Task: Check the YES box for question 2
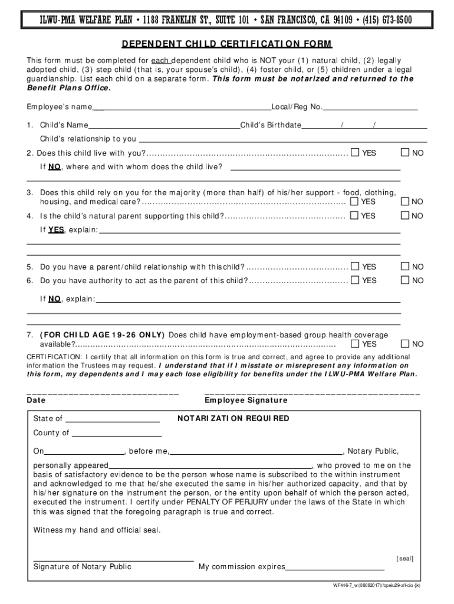click(355, 153)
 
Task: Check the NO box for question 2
click(405, 153)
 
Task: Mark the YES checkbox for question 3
click(355, 201)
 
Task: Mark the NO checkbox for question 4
click(405, 216)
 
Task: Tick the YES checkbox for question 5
click(355, 267)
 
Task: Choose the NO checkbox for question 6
click(405, 280)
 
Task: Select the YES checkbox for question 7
click(355, 344)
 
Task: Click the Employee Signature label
click(246, 401)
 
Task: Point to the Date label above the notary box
click(37, 401)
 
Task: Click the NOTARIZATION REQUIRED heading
click(233, 419)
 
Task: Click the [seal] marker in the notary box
click(405, 558)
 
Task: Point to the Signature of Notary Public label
click(82, 567)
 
